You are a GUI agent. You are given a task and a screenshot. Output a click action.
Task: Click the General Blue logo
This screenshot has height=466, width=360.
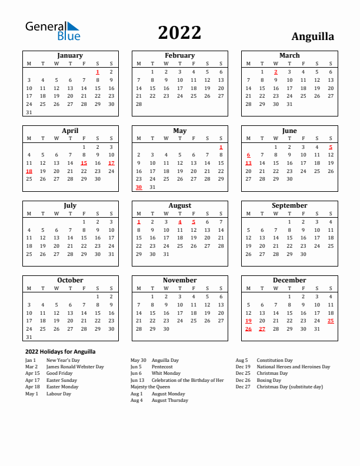pos(52,31)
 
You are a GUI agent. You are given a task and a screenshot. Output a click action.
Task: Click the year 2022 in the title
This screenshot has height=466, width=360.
pos(179,32)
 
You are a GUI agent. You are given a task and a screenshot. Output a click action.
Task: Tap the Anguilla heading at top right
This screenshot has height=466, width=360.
pos(312,36)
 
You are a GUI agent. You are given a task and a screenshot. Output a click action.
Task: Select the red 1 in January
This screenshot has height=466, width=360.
pos(98,72)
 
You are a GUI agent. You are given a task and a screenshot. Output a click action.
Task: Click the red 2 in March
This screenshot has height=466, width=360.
pos(275,72)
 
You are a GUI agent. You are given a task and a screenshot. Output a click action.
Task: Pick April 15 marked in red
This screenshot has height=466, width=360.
pos(84,163)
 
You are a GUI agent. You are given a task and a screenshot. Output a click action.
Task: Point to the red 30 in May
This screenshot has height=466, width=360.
pos(139,187)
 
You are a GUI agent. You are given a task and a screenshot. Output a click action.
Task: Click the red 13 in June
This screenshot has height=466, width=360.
pos(248,163)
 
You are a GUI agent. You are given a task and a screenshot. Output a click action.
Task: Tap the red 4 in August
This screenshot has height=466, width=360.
pos(179,222)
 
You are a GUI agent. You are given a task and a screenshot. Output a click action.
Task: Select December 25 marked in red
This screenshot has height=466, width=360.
pos(331,321)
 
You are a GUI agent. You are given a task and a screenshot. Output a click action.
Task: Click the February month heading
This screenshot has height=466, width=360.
pos(179,55)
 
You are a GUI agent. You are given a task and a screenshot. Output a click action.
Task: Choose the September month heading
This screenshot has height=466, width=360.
pos(289,205)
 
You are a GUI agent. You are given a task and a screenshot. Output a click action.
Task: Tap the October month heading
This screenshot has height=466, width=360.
pos(70,280)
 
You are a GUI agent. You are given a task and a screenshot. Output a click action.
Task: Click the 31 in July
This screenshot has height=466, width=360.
pos(111,254)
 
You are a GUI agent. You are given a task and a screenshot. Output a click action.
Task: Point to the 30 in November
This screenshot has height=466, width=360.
pos(166,329)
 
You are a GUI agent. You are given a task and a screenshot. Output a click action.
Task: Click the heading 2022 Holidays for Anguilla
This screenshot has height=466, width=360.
pos(60,351)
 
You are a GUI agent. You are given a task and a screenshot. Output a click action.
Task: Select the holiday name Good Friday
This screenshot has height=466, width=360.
pos(59,373)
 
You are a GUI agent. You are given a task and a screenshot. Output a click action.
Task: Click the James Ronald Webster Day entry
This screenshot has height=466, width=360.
pos(75,367)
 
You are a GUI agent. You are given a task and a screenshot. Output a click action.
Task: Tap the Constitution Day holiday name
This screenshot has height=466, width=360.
pos(275,360)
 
